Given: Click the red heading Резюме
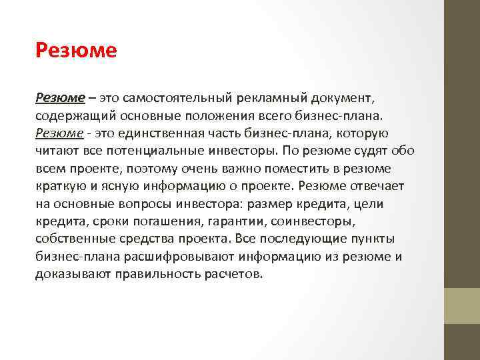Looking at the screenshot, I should [x=77, y=51].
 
